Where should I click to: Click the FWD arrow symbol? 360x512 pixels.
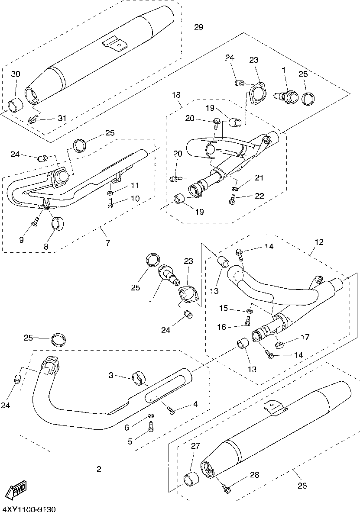(19, 490)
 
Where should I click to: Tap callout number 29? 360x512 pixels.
(198, 27)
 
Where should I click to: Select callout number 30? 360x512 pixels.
(16, 74)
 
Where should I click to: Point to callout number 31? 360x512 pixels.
(63, 118)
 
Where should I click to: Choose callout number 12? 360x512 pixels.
(319, 242)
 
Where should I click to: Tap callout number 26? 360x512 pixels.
(302, 486)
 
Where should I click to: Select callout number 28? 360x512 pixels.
(255, 475)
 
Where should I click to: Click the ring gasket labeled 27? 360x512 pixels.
(191, 480)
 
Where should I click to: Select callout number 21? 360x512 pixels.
(259, 178)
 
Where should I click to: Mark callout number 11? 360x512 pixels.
(135, 186)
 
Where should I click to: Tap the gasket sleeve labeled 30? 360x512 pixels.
(16, 104)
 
